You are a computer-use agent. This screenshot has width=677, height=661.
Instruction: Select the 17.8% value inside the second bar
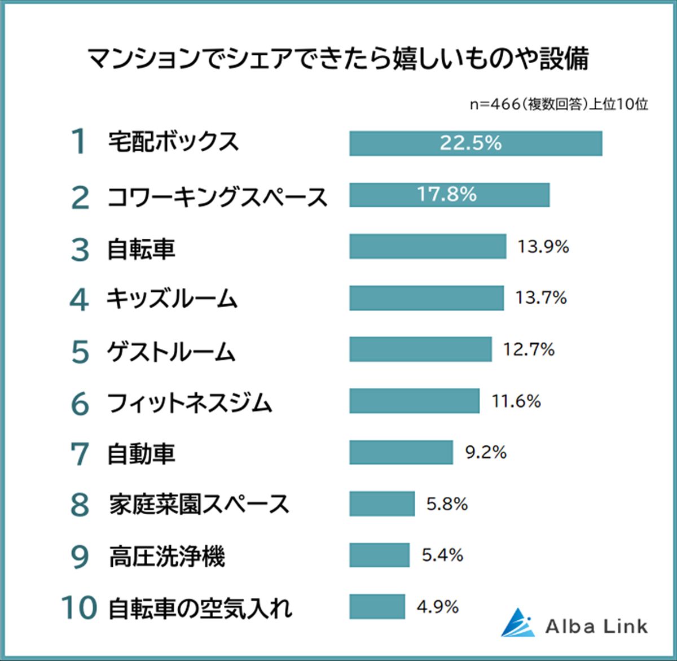coord(447,195)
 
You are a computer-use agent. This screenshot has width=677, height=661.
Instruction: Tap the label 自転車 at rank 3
coord(141,249)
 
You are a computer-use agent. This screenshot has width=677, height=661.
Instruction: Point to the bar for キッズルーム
coord(426,298)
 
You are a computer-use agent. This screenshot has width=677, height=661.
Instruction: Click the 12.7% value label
coord(529,350)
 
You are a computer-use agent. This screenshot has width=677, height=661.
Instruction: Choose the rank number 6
coord(80,404)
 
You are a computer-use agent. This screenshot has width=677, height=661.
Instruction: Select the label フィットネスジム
coord(190,403)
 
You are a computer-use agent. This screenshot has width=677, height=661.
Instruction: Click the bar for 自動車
coord(401,452)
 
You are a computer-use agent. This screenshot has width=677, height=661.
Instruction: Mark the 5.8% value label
coord(447,504)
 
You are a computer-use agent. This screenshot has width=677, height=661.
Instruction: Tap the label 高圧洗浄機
coord(167,557)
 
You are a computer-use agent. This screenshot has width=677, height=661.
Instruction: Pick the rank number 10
coord(79,608)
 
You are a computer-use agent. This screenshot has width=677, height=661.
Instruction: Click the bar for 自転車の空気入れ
coord(377,607)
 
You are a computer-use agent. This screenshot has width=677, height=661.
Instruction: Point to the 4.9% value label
coord(438,607)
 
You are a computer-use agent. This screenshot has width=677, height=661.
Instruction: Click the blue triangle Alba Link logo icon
coord(518,623)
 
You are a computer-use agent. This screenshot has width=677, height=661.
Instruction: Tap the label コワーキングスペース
coord(217,198)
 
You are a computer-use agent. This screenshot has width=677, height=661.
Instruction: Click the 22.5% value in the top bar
coord(471,143)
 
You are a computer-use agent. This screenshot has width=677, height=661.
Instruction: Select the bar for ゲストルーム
coord(420,349)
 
